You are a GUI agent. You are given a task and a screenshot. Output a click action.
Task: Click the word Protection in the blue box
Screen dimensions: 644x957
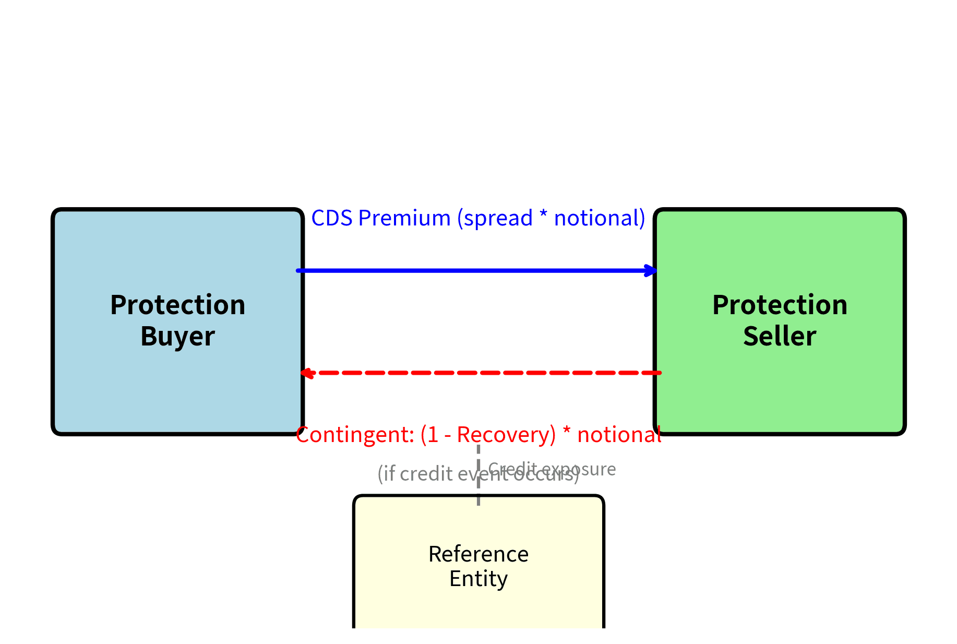tap(177, 305)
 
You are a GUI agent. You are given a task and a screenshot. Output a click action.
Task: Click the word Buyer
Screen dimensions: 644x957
tap(177, 337)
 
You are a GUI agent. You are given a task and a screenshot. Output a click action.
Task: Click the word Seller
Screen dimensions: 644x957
tap(780, 337)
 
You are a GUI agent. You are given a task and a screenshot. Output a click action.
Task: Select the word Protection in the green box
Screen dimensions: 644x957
tap(780, 305)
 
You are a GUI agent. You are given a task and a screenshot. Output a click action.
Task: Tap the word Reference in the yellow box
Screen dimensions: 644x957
tap(479, 554)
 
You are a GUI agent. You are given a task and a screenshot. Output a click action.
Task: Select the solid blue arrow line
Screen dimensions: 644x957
tap(470, 270)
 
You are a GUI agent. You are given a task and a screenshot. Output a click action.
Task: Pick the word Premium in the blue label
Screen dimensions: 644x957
tap(404, 218)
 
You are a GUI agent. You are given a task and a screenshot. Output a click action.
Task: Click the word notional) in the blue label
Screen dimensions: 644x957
tap(600, 218)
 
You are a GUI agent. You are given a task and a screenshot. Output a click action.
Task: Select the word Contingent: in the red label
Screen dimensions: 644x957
tap(355, 435)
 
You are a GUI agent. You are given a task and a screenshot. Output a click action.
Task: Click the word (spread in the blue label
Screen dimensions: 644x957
tap(495, 218)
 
